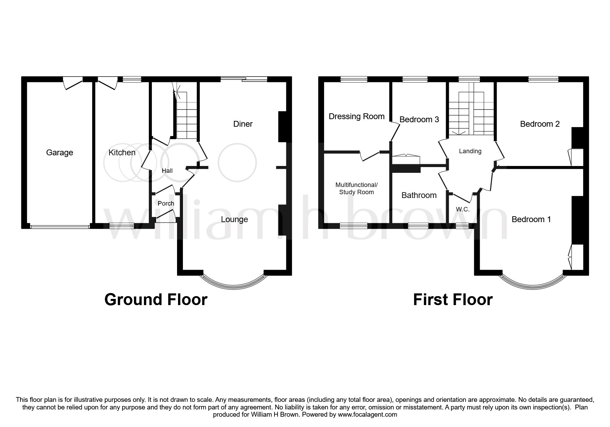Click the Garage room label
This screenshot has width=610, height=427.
click(60, 153)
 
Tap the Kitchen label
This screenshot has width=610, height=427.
click(122, 153)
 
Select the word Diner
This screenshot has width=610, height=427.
click(243, 124)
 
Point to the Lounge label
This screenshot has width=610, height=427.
click(234, 219)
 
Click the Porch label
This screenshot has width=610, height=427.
click(166, 204)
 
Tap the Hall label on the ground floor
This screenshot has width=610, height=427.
click(167, 171)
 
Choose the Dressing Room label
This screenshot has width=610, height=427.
click(356, 116)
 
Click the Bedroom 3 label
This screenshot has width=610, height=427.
click(419, 119)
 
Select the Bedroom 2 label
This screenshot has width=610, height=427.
click(539, 124)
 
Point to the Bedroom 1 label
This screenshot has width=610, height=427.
click(531, 219)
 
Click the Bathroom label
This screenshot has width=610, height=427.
click(419, 195)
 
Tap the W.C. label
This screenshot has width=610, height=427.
click(463, 209)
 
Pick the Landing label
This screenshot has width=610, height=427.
click(470, 151)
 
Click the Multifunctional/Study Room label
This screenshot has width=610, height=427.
click(356, 188)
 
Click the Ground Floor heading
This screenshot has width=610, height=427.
click(156, 300)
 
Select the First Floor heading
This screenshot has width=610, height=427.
click(453, 300)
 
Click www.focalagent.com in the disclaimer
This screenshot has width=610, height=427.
click(367, 415)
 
